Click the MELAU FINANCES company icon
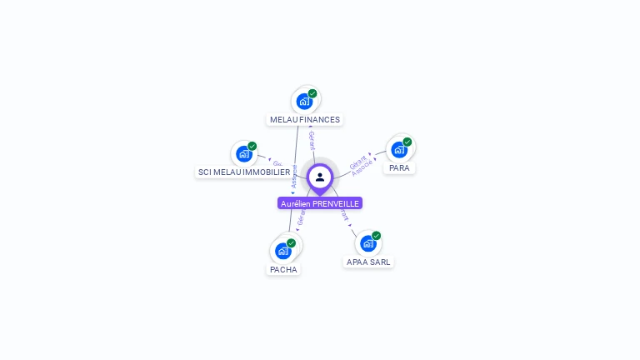[x=304, y=101]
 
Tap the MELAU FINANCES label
[x=305, y=119]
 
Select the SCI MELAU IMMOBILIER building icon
[x=243, y=153]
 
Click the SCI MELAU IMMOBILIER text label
[x=244, y=172]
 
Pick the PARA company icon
[x=399, y=150]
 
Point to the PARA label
[x=399, y=167]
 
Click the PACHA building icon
[x=283, y=250]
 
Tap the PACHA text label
[x=283, y=269]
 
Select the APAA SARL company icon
[x=368, y=243]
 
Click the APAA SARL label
[x=368, y=262]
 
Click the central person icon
[x=320, y=177]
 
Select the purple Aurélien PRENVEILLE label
[x=320, y=203]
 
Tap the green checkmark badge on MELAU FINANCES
[x=312, y=93]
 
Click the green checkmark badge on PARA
[x=407, y=142]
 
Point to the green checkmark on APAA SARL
[x=377, y=236]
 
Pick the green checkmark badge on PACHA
[x=291, y=242]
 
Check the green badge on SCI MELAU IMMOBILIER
[x=252, y=146]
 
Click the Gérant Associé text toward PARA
[x=361, y=164]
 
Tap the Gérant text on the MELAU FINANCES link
[x=312, y=140]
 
